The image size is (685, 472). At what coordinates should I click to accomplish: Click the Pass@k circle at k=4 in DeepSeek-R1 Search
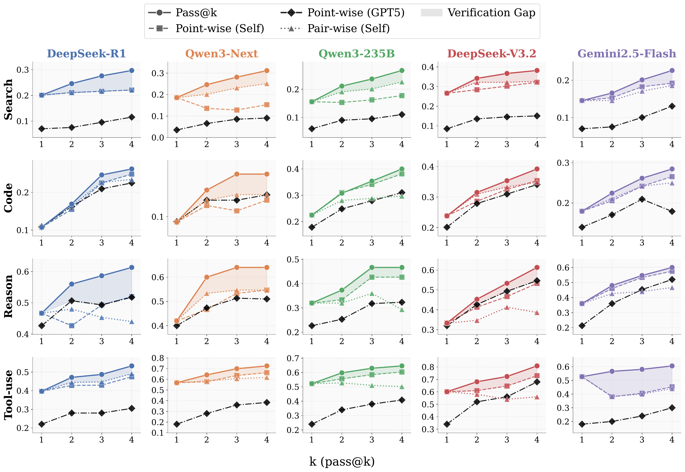[x=132, y=70]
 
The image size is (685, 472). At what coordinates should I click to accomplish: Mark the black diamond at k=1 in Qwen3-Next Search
[x=177, y=130]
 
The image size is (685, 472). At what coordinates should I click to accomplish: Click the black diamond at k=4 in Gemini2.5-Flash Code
[x=672, y=211]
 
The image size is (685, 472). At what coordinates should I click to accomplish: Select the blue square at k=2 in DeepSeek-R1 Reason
[x=71, y=326]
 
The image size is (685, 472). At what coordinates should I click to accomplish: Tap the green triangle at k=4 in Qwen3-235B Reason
[x=402, y=310]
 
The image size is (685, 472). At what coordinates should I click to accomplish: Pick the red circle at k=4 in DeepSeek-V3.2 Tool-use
[x=537, y=366]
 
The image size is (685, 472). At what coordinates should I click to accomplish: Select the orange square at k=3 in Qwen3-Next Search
[x=237, y=110]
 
